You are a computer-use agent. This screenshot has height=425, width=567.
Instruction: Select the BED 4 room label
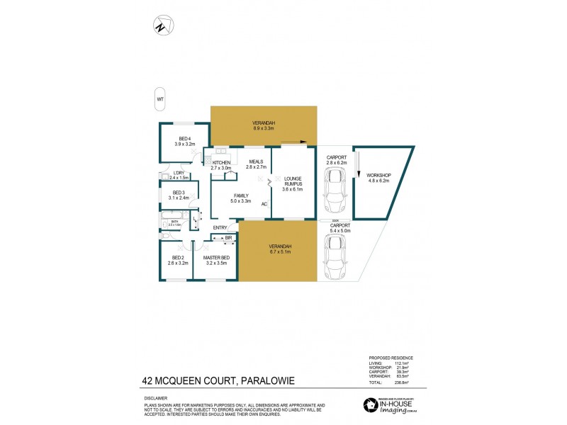click(x=184, y=138)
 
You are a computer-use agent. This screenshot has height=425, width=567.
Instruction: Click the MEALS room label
click(x=257, y=161)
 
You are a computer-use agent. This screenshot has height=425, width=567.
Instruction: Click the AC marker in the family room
click(x=264, y=204)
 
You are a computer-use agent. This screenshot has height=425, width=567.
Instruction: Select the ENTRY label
click(x=220, y=227)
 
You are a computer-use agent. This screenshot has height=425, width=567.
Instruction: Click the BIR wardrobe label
click(x=229, y=237)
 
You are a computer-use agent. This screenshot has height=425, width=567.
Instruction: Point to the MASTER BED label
click(x=215, y=257)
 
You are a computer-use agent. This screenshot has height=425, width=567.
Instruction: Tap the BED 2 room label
click(x=176, y=257)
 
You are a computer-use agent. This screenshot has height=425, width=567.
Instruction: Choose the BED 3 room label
click(x=179, y=193)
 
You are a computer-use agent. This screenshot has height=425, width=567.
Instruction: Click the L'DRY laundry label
click(x=179, y=172)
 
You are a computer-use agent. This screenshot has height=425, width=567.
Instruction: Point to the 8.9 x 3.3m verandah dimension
click(x=264, y=128)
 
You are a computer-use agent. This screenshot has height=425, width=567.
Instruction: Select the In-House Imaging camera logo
click(x=370, y=405)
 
